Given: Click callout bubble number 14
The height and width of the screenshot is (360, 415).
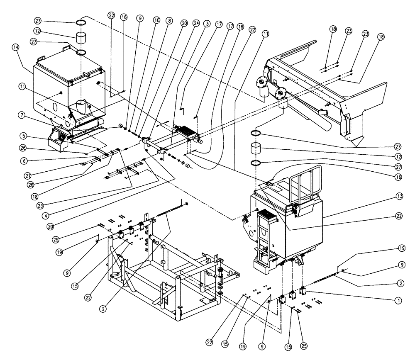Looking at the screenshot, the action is (16, 47).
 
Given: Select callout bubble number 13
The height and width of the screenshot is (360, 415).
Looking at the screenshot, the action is (399, 196).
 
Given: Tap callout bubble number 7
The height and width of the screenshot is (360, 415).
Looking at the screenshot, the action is (22, 115).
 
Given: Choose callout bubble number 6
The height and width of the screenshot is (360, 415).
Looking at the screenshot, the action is (24, 161).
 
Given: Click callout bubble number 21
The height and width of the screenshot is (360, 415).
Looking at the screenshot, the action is (27, 175).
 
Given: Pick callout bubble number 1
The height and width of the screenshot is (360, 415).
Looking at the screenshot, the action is (398, 301).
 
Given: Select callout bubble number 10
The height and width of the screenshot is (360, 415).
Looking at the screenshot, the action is (157, 20).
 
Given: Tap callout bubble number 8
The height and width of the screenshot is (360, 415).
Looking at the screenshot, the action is (169, 21).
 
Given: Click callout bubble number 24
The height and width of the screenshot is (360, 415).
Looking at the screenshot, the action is (196, 23).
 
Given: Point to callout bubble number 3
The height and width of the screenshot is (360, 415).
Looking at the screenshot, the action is (207, 24).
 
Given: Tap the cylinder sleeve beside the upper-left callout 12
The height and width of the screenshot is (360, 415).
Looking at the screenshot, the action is (82, 38).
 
